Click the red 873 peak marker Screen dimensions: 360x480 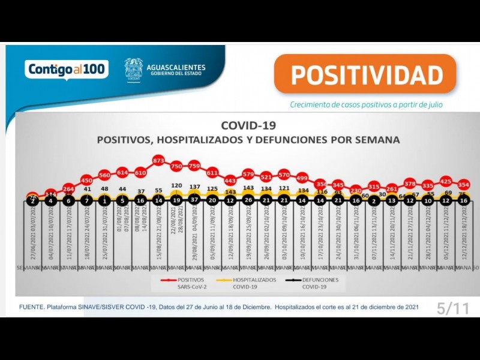pos(158,161)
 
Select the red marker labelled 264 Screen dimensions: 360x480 pos(68,188)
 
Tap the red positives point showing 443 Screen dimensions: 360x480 pos(230,180)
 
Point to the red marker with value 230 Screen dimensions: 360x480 pos(356,190)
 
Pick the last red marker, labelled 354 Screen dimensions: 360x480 pos(463,184)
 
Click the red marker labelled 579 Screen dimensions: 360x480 pos(248,174)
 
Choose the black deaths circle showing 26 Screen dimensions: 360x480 pos(248,201)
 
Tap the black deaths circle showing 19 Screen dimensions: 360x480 pos(176,201)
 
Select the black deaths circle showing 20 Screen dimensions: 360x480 pos(212,201)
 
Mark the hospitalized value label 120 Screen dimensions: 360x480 pos(176,186)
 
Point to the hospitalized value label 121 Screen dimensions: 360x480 pos(284,188)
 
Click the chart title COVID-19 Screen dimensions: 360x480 pos(248,125)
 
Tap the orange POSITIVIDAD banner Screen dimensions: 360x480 pos(366,75)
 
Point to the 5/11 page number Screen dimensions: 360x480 pos(453,309)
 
